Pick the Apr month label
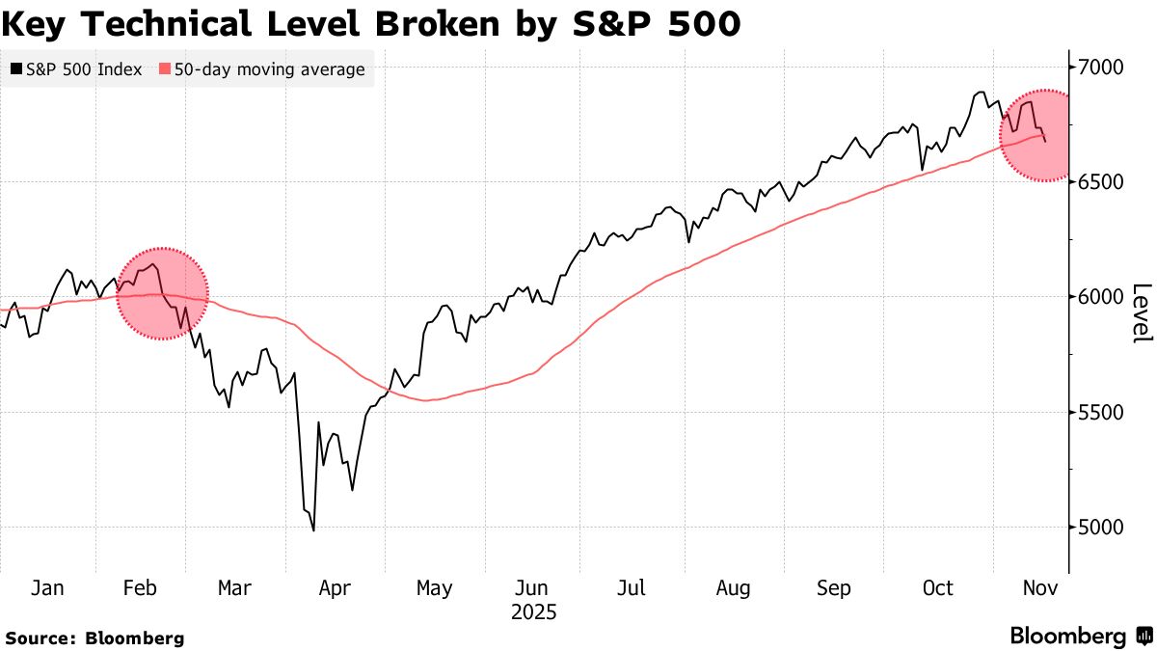click(334, 588)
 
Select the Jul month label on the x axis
click(631, 588)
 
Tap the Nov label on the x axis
click(1037, 588)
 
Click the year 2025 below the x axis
click(533, 612)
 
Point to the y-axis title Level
click(1141, 312)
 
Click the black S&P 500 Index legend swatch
click(17, 69)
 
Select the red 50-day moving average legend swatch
click(165, 69)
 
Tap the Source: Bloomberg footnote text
click(94, 637)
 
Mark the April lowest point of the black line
click(313, 529)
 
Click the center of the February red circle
click(162, 294)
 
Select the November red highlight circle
click(1037, 136)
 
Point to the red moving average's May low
click(426, 400)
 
